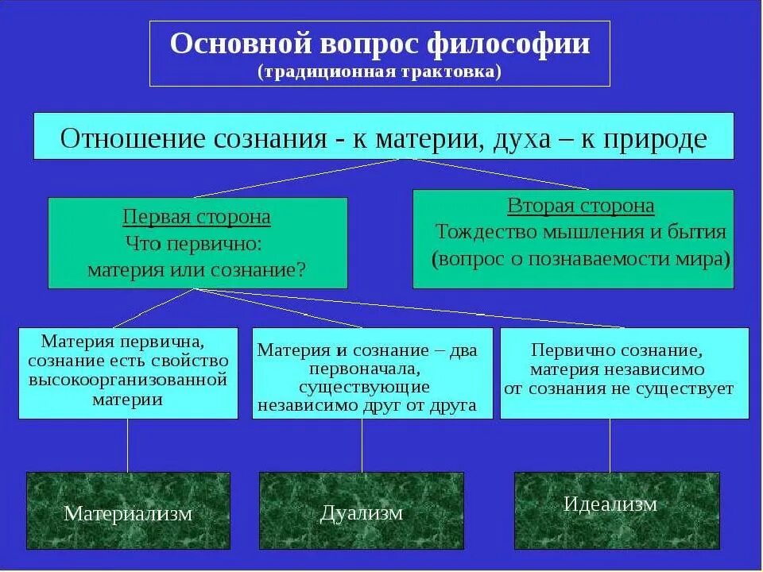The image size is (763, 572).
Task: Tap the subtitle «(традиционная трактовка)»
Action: [x=379, y=71]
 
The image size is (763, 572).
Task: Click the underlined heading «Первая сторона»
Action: [x=197, y=217]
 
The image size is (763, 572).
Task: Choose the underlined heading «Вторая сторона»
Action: [x=581, y=207]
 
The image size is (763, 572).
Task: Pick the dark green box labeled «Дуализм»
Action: [x=362, y=513]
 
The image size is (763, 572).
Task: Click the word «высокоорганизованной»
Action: [x=128, y=380]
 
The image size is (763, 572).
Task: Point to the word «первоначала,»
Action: [x=365, y=369]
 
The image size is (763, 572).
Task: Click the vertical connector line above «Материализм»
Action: [x=128, y=445]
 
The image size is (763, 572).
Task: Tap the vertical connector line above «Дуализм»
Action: [x=362, y=445]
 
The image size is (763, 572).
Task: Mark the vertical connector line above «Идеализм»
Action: [x=610, y=445]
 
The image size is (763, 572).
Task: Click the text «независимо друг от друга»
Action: [x=365, y=405]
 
